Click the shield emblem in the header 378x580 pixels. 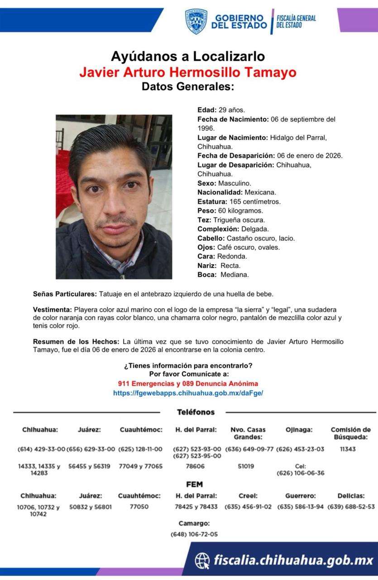click(196, 21)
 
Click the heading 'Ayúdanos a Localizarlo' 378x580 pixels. click(188, 57)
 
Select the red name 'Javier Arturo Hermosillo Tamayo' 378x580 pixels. click(188, 72)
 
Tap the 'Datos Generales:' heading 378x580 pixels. click(188, 87)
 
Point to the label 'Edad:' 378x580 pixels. click(207, 110)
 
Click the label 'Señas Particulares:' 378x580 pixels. click(65, 294)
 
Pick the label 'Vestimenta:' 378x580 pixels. click(53, 309)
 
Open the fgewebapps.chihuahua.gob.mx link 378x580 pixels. click(188, 393)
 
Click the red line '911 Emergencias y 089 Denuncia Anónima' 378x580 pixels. click(188, 383)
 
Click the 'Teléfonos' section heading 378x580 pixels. click(196, 412)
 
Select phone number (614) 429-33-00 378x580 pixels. click(41, 449)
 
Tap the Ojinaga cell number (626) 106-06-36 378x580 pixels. click(301, 473)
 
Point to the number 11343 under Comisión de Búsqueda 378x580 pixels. click(348, 449)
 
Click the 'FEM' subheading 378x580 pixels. click(194, 484)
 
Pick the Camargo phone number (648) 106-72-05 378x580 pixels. click(194, 534)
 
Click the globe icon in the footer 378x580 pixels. click(202, 560)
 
